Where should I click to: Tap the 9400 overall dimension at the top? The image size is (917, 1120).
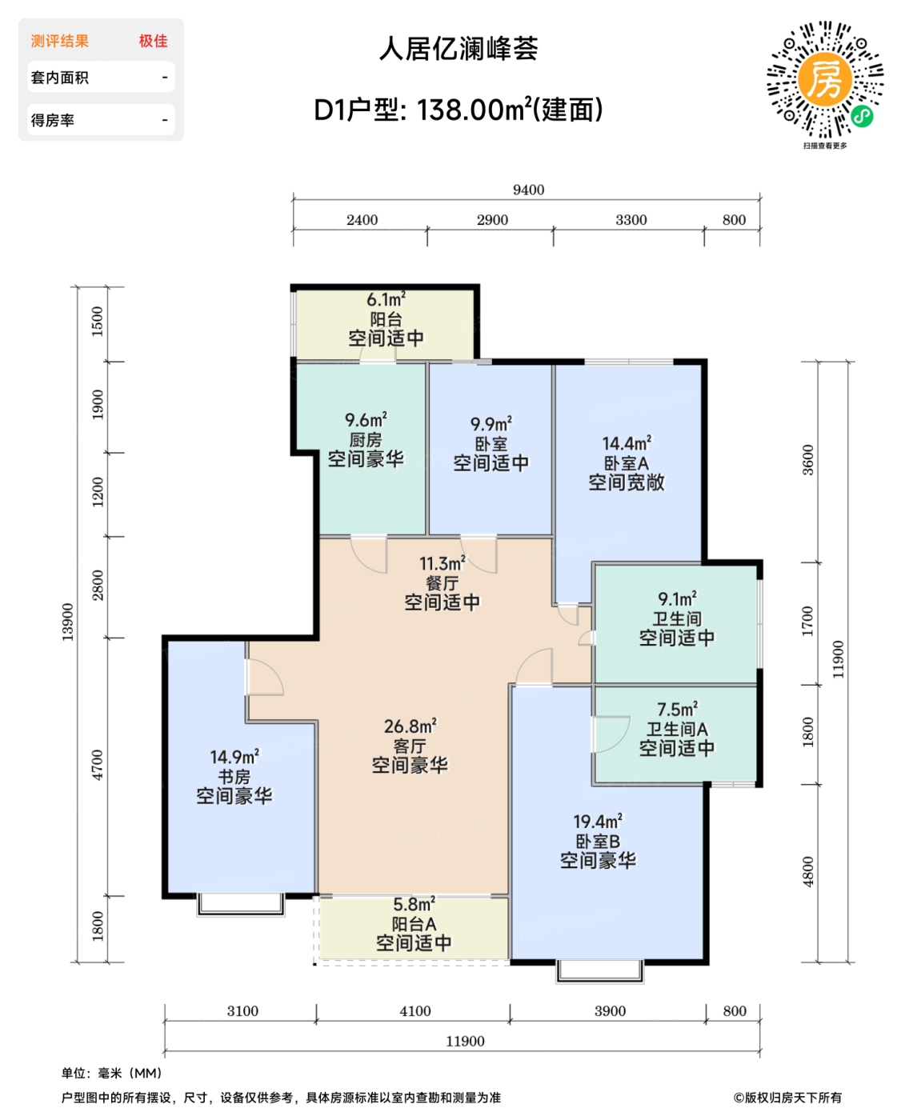pos(528,190)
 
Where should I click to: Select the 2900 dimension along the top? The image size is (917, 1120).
pos(492,220)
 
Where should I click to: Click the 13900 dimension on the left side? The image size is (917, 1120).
pos(68,622)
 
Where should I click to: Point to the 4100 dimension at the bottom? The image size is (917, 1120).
pos(415,1011)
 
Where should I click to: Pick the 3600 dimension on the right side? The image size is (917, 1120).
pos(808,460)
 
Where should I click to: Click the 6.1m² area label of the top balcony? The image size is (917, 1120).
pos(386,300)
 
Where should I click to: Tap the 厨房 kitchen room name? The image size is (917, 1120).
pos(366,440)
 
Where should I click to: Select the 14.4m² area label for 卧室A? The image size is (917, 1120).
pos(627,443)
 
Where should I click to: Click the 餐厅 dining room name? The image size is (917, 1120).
pos(442,583)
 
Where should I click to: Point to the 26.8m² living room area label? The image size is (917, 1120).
pos(410,726)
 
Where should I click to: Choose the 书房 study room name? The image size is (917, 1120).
pos(234,777)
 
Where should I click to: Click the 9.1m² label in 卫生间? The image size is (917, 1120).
pos(677,599)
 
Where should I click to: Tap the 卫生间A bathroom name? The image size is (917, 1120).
pos(677,729)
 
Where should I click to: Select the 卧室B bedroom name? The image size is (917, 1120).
pos(598,842)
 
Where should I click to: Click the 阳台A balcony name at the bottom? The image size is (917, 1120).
pos(414,924)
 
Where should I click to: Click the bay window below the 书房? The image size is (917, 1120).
pos(241,904)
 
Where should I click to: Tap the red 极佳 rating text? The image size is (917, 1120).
pos(153,41)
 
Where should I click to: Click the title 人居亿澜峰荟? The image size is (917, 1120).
pos(458,49)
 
